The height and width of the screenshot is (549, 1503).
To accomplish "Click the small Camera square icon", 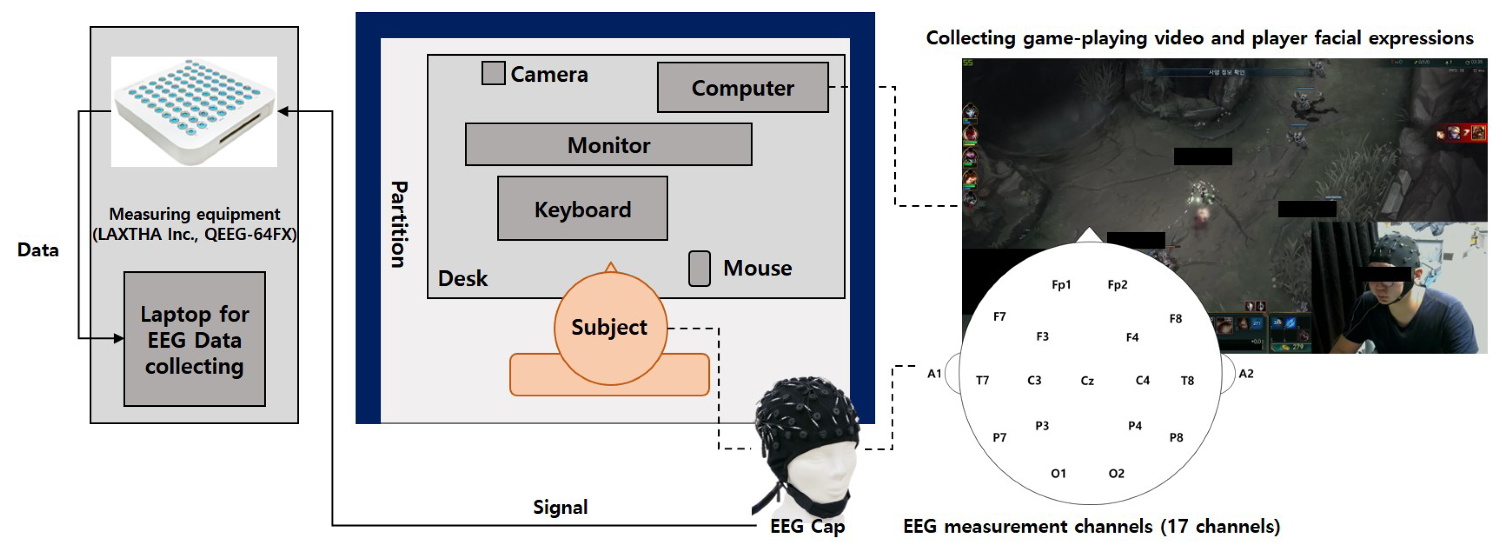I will click(493, 74).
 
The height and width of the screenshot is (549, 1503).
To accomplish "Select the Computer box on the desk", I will click(742, 88).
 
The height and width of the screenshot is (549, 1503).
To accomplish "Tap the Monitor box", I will click(608, 145).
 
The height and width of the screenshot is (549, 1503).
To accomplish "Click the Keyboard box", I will click(582, 209).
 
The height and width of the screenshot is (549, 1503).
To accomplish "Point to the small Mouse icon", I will click(699, 268).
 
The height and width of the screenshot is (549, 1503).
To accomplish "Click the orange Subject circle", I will click(610, 328).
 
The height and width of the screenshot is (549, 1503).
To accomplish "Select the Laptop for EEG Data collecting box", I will click(195, 340).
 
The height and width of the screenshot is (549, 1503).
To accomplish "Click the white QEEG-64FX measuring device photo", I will click(195, 111).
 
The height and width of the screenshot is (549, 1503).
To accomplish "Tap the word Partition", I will click(399, 224).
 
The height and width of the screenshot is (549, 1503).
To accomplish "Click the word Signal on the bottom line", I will click(560, 507).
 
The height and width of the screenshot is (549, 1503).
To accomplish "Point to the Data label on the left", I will click(38, 250).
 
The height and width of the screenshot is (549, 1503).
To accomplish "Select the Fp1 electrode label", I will click(1061, 285).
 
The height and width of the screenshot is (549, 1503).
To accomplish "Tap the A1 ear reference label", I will click(934, 373).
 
